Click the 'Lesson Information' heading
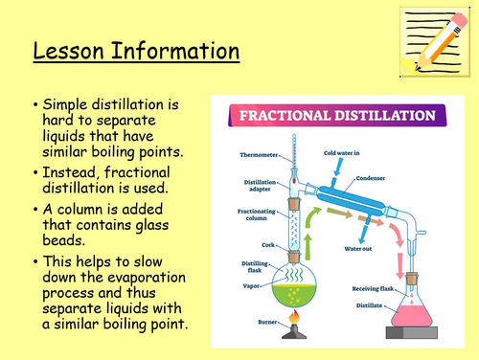click(x=136, y=50)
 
